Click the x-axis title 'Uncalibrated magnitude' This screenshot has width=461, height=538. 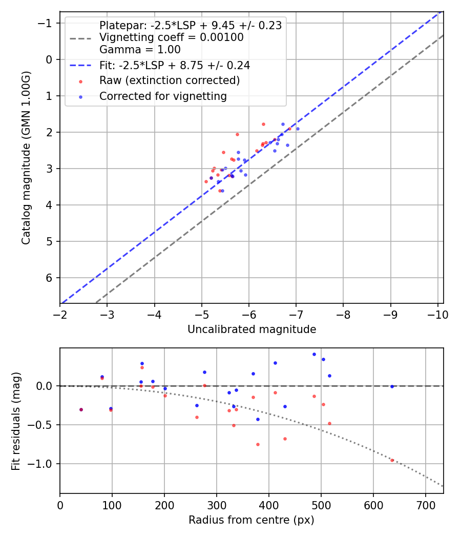252,329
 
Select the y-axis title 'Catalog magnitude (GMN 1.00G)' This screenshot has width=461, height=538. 26,158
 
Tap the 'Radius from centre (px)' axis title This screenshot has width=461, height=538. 252,520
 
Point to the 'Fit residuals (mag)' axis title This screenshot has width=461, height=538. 16,421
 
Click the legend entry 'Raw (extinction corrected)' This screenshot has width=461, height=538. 170,80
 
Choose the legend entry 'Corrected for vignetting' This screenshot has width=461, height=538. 163,96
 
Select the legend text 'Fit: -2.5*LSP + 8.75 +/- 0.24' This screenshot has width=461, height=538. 175,66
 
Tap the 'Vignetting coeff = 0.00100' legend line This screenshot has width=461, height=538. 172,37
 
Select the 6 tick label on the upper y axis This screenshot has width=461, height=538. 50,278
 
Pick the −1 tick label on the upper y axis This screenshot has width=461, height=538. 47,23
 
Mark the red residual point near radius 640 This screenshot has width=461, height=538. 392,460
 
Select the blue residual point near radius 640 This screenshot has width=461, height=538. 392,386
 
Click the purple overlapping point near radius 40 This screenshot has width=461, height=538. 81,409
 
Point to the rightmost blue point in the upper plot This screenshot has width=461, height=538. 298,129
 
